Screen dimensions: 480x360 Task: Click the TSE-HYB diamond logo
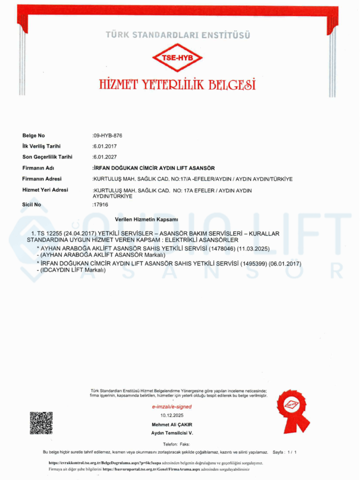(177, 57)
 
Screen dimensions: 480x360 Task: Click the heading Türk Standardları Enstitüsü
(178, 35)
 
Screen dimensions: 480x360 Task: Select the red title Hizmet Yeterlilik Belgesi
(178, 84)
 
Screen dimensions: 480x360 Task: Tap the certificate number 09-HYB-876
(108, 135)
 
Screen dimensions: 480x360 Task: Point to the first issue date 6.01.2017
(105, 146)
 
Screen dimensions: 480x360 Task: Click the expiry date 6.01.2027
(105, 157)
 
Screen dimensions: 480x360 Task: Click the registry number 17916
(101, 204)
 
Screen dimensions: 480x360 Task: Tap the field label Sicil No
(32, 204)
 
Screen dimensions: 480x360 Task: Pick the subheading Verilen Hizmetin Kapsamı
(147, 219)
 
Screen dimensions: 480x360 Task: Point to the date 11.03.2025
(255, 248)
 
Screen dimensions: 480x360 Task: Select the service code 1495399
(254, 263)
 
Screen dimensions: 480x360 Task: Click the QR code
(41, 423)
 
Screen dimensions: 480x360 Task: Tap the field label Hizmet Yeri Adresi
(45, 190)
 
